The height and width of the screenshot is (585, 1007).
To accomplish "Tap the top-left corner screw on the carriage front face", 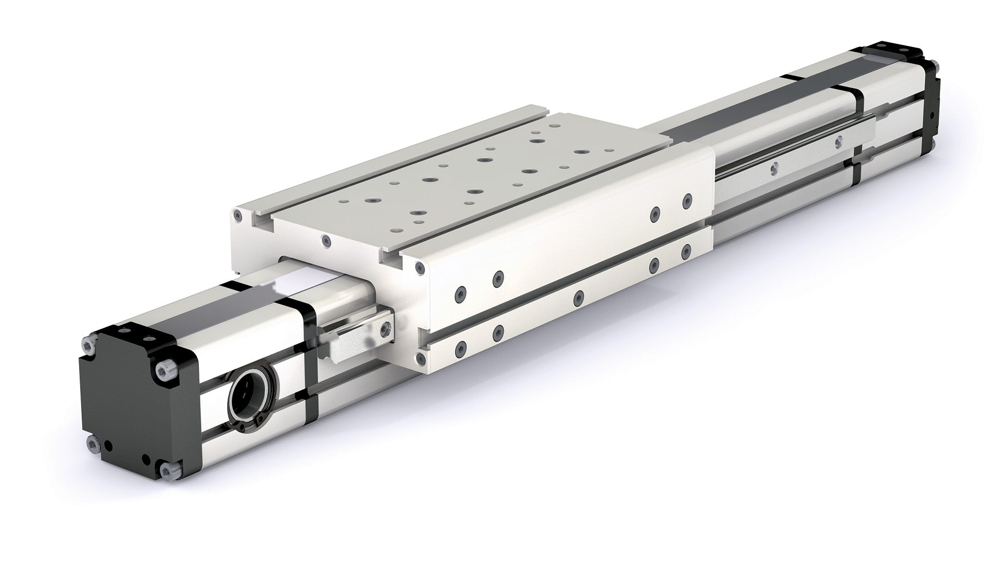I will [237, 215].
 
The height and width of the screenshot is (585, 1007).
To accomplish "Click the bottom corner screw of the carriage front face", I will [420, 358].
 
